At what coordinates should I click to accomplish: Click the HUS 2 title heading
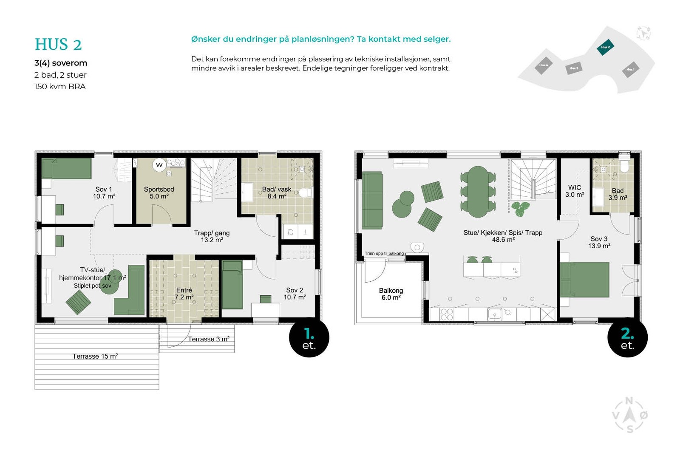(x=58, y=45)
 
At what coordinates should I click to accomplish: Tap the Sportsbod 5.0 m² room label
(x=159, y=193)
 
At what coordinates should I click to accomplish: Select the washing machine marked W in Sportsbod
(x=159, y=165)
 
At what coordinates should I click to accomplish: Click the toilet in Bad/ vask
(x=305, y=193)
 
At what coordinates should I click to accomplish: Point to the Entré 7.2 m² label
(x=184, y=294)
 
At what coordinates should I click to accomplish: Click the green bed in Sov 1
(x=67, y=169)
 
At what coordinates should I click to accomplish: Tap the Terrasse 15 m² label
(x=95, y=356)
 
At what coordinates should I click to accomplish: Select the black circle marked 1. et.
(x=309, y=337)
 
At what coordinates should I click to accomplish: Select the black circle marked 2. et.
(x=627, y=337)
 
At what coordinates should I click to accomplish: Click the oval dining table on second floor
(x=478, y=192)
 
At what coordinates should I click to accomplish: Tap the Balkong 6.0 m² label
(x=391, y=294)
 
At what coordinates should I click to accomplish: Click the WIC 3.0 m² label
(x=575, y=191)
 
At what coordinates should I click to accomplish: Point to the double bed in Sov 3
(x=585, y=280)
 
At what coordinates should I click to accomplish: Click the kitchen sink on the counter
(x=494, y=314)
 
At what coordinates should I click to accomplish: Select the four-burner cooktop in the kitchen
(x=447, y=314)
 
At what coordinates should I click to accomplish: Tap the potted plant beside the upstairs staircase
(x=520, y=208)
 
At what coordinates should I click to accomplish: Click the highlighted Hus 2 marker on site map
(x=605, y=47)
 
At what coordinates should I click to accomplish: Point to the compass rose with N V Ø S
(x=630, y=415)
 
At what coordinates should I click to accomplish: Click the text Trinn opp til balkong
(x=384, y=254)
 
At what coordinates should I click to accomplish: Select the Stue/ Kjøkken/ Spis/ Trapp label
(x=503, y=236)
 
